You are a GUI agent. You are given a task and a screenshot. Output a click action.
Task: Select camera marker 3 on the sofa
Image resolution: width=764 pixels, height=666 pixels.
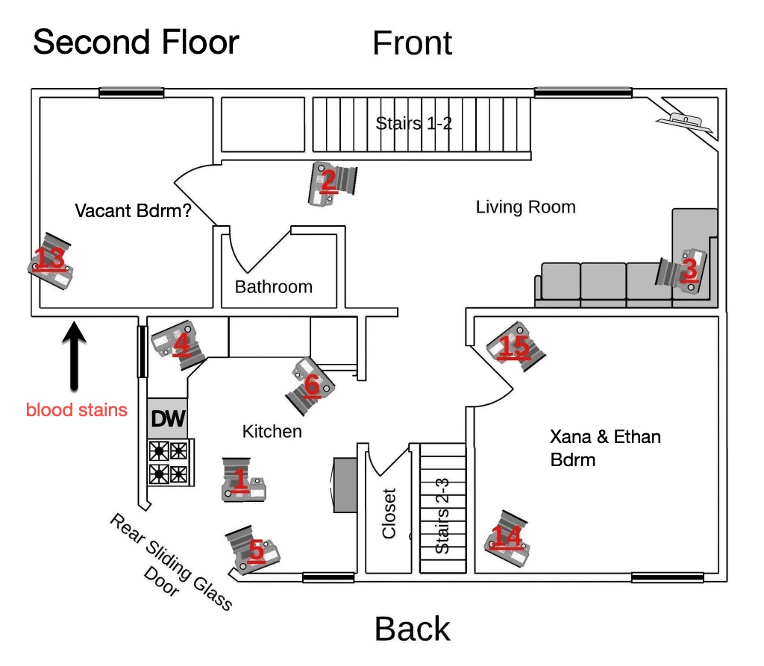[687, 269]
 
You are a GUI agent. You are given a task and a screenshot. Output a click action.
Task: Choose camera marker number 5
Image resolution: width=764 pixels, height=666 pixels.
[254, 550]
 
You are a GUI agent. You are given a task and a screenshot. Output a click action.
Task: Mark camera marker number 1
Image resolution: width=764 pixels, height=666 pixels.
[242, 480]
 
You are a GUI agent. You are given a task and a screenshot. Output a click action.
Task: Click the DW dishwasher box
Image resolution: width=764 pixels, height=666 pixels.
[168, 418]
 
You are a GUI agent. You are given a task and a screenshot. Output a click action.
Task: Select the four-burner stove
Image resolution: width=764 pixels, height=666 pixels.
[169, 462]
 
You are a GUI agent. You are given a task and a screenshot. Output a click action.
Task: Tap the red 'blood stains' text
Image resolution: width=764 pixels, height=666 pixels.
[77, 409]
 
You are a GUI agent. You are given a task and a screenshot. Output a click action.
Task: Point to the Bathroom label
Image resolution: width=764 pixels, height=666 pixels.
[274, 286]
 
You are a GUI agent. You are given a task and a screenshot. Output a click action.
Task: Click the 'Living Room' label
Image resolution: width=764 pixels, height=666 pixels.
[525, 207]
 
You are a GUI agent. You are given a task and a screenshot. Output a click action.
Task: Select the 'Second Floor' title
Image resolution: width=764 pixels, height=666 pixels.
[136, 42]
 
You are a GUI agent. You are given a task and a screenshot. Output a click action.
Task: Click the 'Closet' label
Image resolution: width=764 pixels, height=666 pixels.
[389, 513]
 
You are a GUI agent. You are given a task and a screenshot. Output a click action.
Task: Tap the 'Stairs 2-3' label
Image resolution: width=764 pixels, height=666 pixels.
[442, 520]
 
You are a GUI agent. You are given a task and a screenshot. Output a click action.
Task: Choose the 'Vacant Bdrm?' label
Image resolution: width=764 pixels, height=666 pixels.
[133, 211]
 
